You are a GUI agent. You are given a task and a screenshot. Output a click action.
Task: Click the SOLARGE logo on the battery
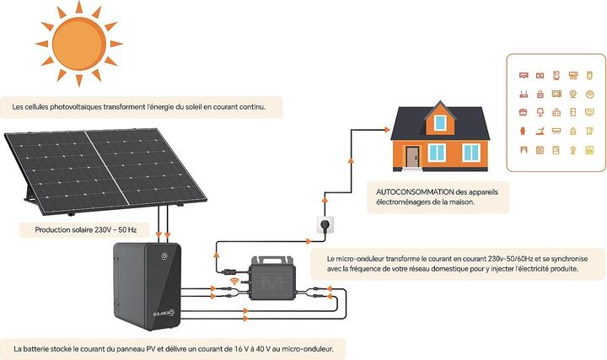coord(164,312)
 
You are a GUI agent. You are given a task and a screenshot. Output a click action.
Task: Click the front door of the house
coord(412,156)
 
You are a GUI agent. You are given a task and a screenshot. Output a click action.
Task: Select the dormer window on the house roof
coord(440,123)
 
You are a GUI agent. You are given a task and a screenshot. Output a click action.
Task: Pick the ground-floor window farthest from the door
coord(470,152)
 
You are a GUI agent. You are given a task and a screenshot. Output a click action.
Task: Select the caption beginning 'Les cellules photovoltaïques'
coord(139,107)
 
